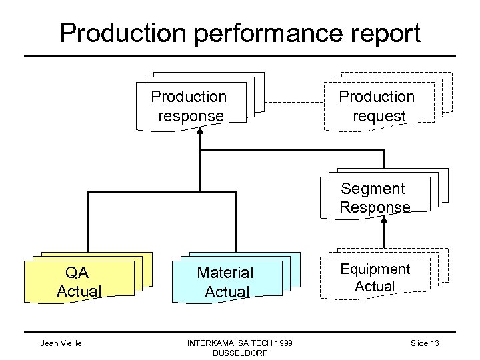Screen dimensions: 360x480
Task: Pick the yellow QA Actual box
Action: tap(79, 282)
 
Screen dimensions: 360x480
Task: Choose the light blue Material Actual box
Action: tap(226, 282)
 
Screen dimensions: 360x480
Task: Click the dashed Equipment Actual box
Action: tap(375, 278)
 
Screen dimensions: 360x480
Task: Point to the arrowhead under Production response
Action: tap(199, 131)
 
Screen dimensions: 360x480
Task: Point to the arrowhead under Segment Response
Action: tap(384, 223)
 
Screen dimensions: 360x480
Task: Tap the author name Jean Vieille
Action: tap(61, 343)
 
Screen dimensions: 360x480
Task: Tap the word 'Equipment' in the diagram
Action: tap(375, 269)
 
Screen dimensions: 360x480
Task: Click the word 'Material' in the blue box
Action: tap(225, 273)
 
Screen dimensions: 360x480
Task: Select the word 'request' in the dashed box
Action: tap(378, 116)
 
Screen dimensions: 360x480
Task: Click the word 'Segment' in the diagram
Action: tap(373, 189)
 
